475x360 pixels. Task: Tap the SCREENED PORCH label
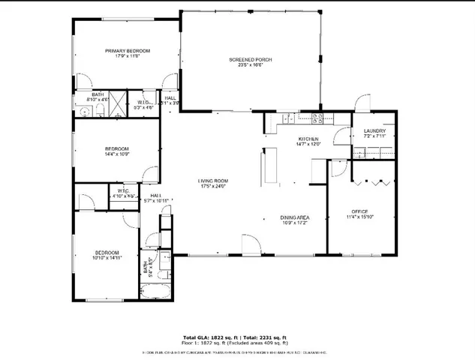(x=250, y=59)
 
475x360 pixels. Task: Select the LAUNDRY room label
(x=374, y=130)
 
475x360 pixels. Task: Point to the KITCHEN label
(x=309, y=139)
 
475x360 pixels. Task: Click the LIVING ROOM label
(x=213, y=181)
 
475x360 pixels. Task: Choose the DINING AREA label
(x=295, y=217)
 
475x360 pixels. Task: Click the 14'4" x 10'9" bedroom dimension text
(x=117, y=154)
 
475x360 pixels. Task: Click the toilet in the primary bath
(x=99, y=110)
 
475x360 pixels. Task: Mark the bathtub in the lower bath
(x=157, y=292)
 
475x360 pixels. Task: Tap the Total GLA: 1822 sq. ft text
(x=211, y=337)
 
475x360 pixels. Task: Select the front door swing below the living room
(x=251, y=244)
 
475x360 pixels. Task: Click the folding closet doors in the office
(x=372, y=181)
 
